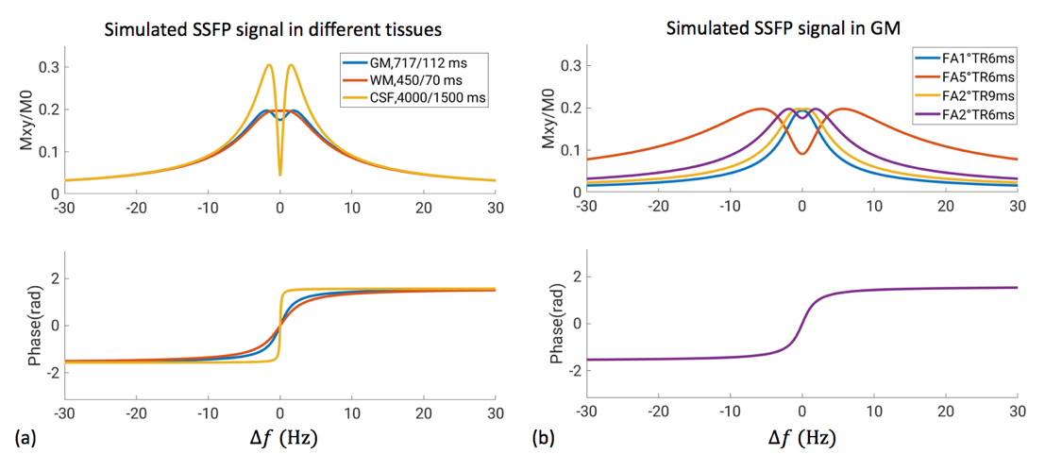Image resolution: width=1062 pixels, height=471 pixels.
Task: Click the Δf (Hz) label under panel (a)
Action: (279, 439)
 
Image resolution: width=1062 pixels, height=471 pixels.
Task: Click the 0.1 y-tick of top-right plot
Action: (571, 149)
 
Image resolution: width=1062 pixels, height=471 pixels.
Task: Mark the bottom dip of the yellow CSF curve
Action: (279, 175)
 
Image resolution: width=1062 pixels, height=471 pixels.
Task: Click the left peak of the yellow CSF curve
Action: (269, 64)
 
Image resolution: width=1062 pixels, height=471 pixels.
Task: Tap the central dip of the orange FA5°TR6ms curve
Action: (801, 153)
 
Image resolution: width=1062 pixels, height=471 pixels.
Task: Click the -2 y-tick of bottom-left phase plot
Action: (51, 372)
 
